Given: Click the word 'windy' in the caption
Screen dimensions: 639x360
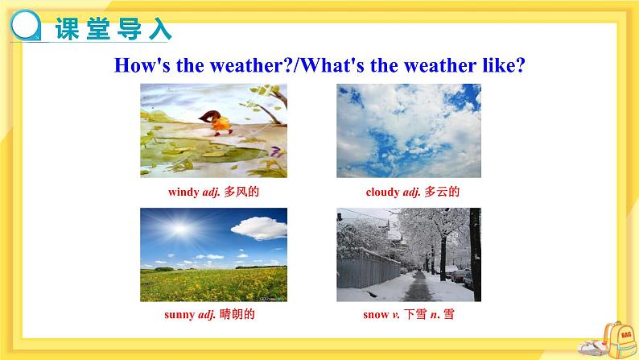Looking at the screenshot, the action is (x=183, y=192).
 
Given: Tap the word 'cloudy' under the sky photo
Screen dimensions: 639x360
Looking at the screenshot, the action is (x=382, y=192).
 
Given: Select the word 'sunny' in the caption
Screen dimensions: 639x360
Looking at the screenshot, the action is (x=179, y=315).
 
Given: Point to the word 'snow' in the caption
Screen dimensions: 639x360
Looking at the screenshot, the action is (x=376, y=314).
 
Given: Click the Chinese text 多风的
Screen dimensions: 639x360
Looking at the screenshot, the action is (x=241, y=192).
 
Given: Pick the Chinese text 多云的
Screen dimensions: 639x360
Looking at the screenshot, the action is (x=442, y=192).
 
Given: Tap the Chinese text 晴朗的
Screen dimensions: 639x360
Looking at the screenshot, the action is (x=237, y=314).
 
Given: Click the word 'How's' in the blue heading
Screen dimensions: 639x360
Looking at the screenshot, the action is (x=142, y=65).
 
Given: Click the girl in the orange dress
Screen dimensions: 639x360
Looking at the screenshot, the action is (x=218, y=122).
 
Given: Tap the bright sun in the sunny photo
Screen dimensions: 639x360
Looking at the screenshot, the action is (x=179, y=230).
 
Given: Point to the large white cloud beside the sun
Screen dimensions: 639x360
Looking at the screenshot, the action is (x=260, y=228).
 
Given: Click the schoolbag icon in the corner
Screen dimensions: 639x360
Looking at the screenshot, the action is (x=620, y=340).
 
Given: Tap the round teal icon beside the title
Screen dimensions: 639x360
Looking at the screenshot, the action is (x=26, y=26).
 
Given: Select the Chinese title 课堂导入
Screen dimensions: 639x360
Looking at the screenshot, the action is (x=113, y=28).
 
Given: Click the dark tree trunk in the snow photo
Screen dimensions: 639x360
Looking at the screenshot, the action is (x=475, y=254).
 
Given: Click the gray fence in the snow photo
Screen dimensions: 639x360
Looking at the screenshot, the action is (x=368, y=269).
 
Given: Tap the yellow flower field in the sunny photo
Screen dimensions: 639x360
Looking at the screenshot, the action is (x=213, y=284).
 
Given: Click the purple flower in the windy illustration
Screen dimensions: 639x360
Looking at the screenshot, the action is (x=277, y=151).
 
